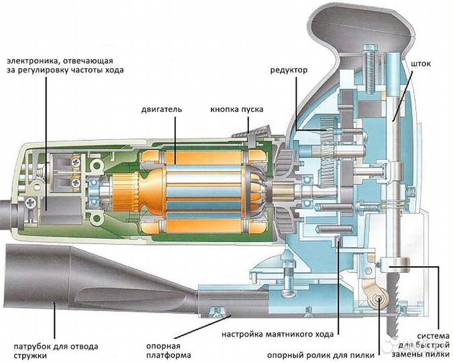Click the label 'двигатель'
click(162, 108)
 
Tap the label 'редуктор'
click(289, 70)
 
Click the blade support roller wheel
click(380, 298)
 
